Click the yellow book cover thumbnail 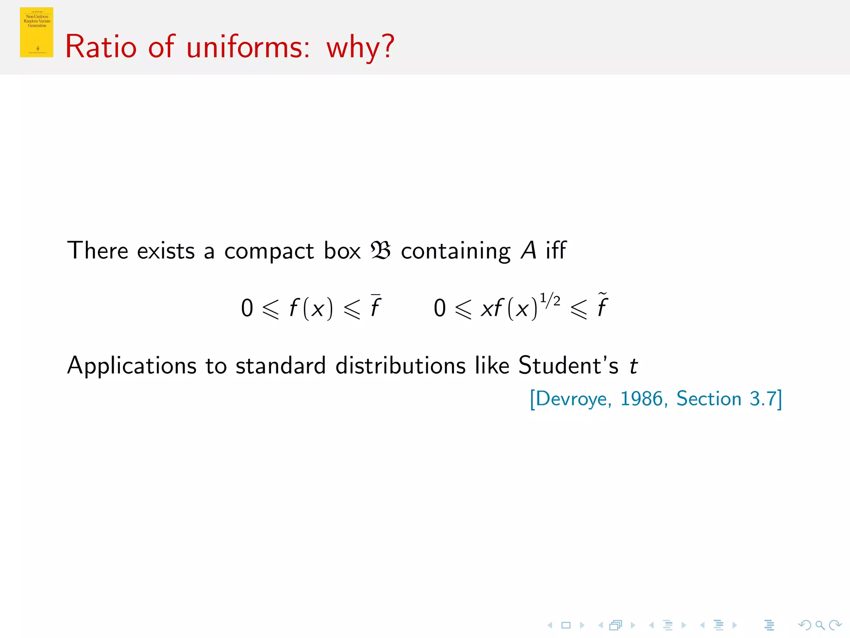coord(37,32)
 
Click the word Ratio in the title coord(101,47)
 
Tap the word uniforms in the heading coord(248,47)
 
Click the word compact coord(269,251)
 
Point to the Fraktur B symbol coord(381,250)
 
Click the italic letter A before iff coord(529,250)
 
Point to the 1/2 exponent coord(550,300)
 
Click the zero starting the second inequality coord(440,308)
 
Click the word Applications coord(132,366)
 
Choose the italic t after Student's coord(633,366)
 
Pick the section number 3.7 coord(763,399)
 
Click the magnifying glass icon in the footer coord(820,625)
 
